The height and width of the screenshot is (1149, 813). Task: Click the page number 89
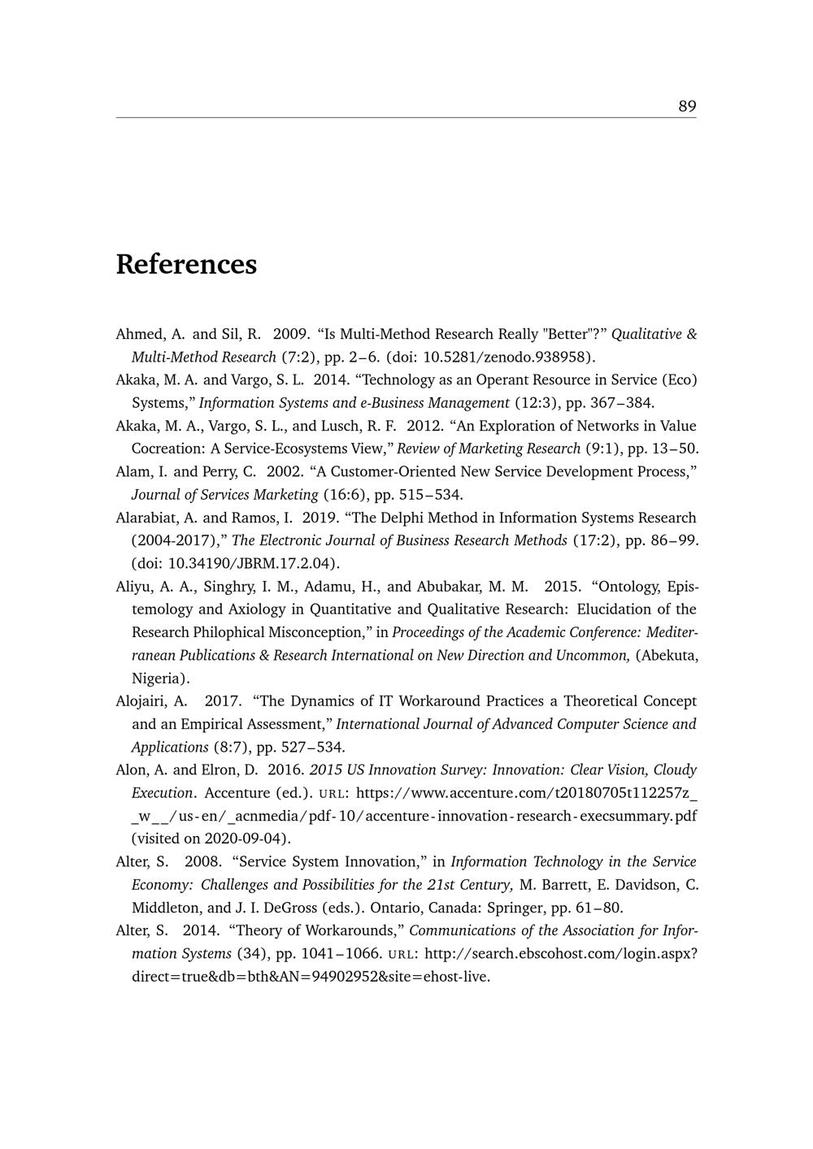coord(687,106)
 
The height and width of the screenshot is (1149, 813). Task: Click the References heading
coord(186,265)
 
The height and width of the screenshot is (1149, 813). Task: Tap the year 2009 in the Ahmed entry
coord(290,334)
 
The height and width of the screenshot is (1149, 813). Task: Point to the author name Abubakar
coord(450,587)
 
